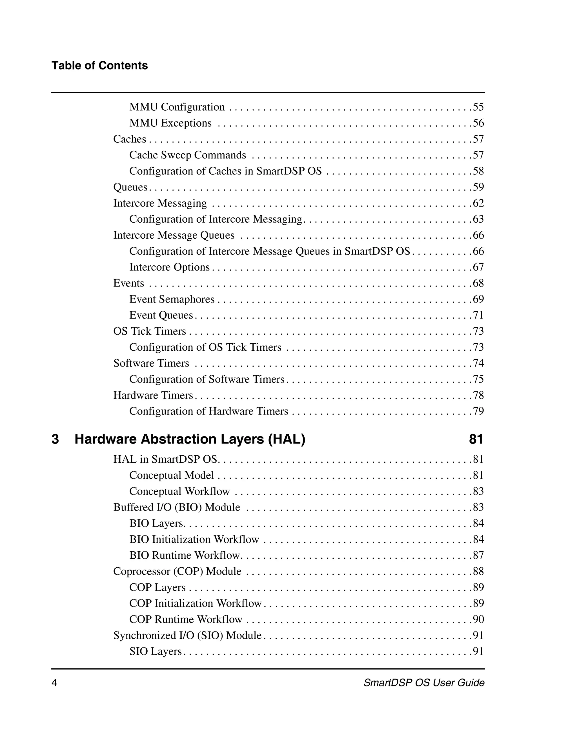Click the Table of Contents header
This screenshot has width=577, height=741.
pyautogui.click(x=99, y=66)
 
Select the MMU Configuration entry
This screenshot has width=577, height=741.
pyautogui.click(x=177, y=107)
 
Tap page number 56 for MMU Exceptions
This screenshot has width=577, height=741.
pyautogui.click(x=478, y=123)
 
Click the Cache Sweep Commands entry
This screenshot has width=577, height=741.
pyautogui.click(x=187, y=155)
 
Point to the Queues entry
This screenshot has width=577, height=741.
pyautogui.click(x=130, y=187)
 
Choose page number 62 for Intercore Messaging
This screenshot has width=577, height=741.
pyautogui.click(x=478, y=203)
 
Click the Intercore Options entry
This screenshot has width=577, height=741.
pyautogui.click(x=170, y=267)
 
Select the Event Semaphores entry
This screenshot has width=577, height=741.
pyautogui.click(x=172, y=299)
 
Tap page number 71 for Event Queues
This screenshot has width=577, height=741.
pyautogui.click(x=478, y=315)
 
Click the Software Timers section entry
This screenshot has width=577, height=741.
pyautogui.click(x=151, y=363)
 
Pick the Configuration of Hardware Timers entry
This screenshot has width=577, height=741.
pyautogui.click(x=208, y=411)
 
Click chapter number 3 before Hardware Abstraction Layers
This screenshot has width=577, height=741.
pyautogui.click(x=55, y=439)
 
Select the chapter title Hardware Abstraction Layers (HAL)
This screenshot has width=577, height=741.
pyautogui.click(x=190, y=439)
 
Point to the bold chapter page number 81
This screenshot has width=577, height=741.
pyautogui.click(x=476, y=439)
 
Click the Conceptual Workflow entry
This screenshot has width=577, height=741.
pyautogui.click(x=179, y=491)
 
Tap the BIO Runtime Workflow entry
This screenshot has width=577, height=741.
pyautogui.click(x=185, y=556)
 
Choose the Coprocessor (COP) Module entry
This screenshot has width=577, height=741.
pyautogui.click(x=177, y=571)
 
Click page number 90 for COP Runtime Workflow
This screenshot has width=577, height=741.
pyautogui.click(x=478, y=619)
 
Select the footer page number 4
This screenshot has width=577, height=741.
pyautogui.click(x=54, y=683)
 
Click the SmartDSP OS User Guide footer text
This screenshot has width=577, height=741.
pyautogui.click(x=424, y=683)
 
